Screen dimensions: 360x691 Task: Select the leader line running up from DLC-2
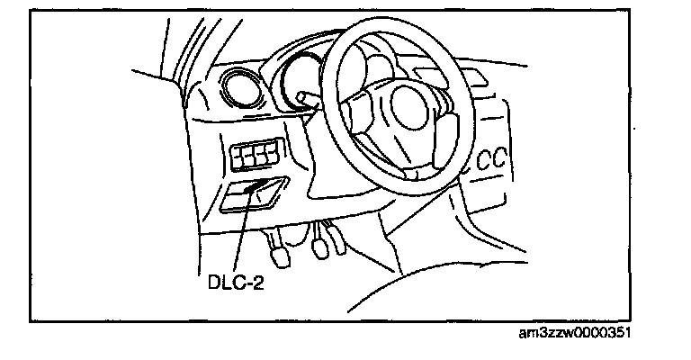click(244, 230)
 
